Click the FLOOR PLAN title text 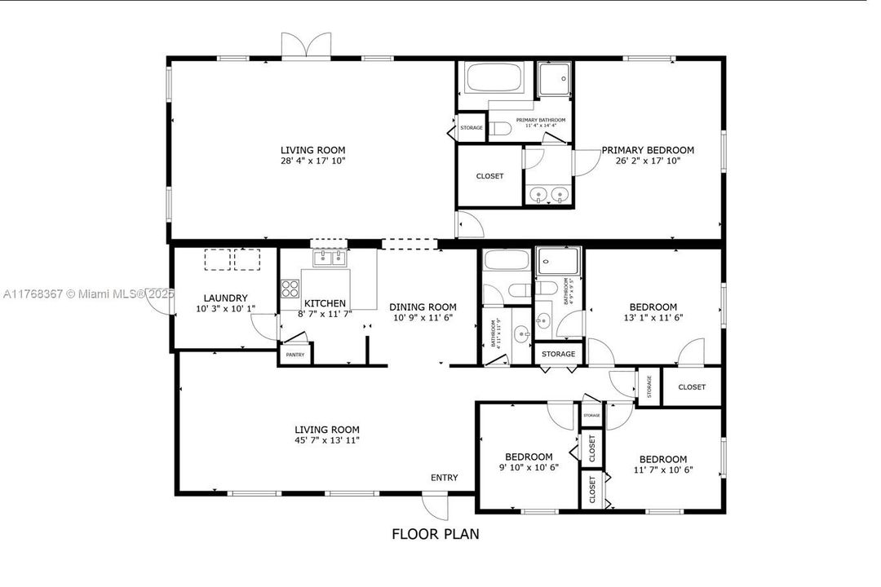[x=435, y=535]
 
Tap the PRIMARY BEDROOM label [x=648, y=150]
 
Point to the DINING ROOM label [x=422, y=307]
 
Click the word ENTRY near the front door [x=445, y=478]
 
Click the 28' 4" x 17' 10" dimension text [x=312, y=161]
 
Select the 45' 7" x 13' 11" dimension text [x=326, y=440]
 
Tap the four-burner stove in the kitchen [x=290, y=288]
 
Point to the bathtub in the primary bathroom [x=494, y=79]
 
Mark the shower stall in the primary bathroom [x=555, y=80]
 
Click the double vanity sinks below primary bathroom [x=548, y=195]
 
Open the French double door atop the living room [x=307, y=45]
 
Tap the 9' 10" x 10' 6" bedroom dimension [x=529, y=468]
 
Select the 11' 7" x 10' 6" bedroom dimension [x=662, y=470]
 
